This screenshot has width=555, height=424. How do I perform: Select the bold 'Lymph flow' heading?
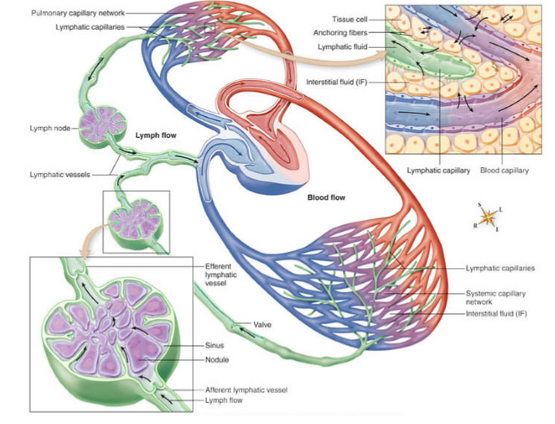point(155,137)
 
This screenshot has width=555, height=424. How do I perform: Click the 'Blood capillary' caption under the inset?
point(504,170)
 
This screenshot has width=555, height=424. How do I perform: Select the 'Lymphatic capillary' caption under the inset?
point(438,170)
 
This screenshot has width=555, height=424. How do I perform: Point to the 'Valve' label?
point(262,325)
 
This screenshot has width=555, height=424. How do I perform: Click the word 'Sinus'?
point(215,346)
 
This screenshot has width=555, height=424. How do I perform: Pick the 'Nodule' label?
point(217,360)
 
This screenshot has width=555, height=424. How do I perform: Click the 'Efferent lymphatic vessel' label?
point(219,275)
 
